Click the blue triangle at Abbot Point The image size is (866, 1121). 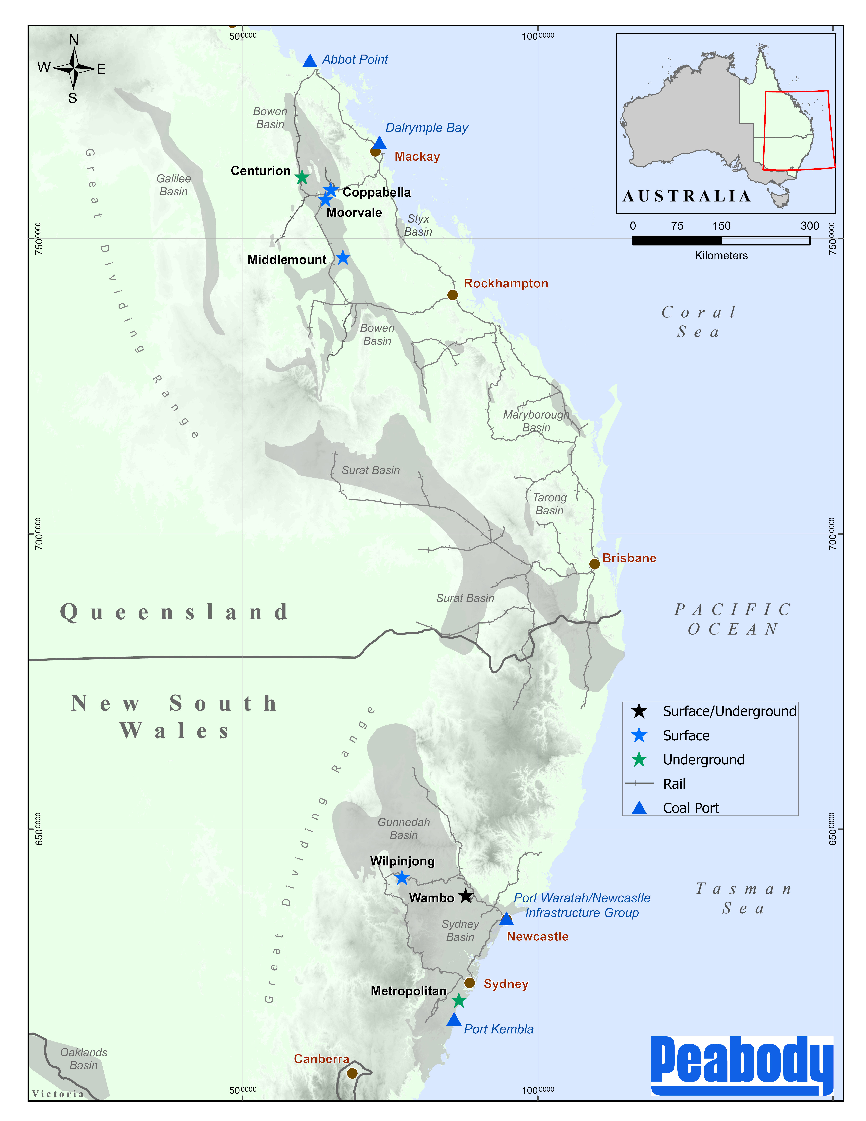pyautogui.click(x=310, y=61)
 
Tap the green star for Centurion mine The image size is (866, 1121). pyautogui.click(x=302, y=178)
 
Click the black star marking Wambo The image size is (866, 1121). pyautogui.click(x=465, y=896)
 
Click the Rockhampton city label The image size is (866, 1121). pyautogui.click(x=506, y=283)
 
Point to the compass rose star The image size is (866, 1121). pyautogui.click(x=74, y=68)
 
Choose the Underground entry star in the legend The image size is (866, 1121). pyautogui.click(x=639, y=760)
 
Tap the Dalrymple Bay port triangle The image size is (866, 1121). pyautogui.click(x=380, y=143)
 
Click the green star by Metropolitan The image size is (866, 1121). pyautogui.click(x=459, y=1000)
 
